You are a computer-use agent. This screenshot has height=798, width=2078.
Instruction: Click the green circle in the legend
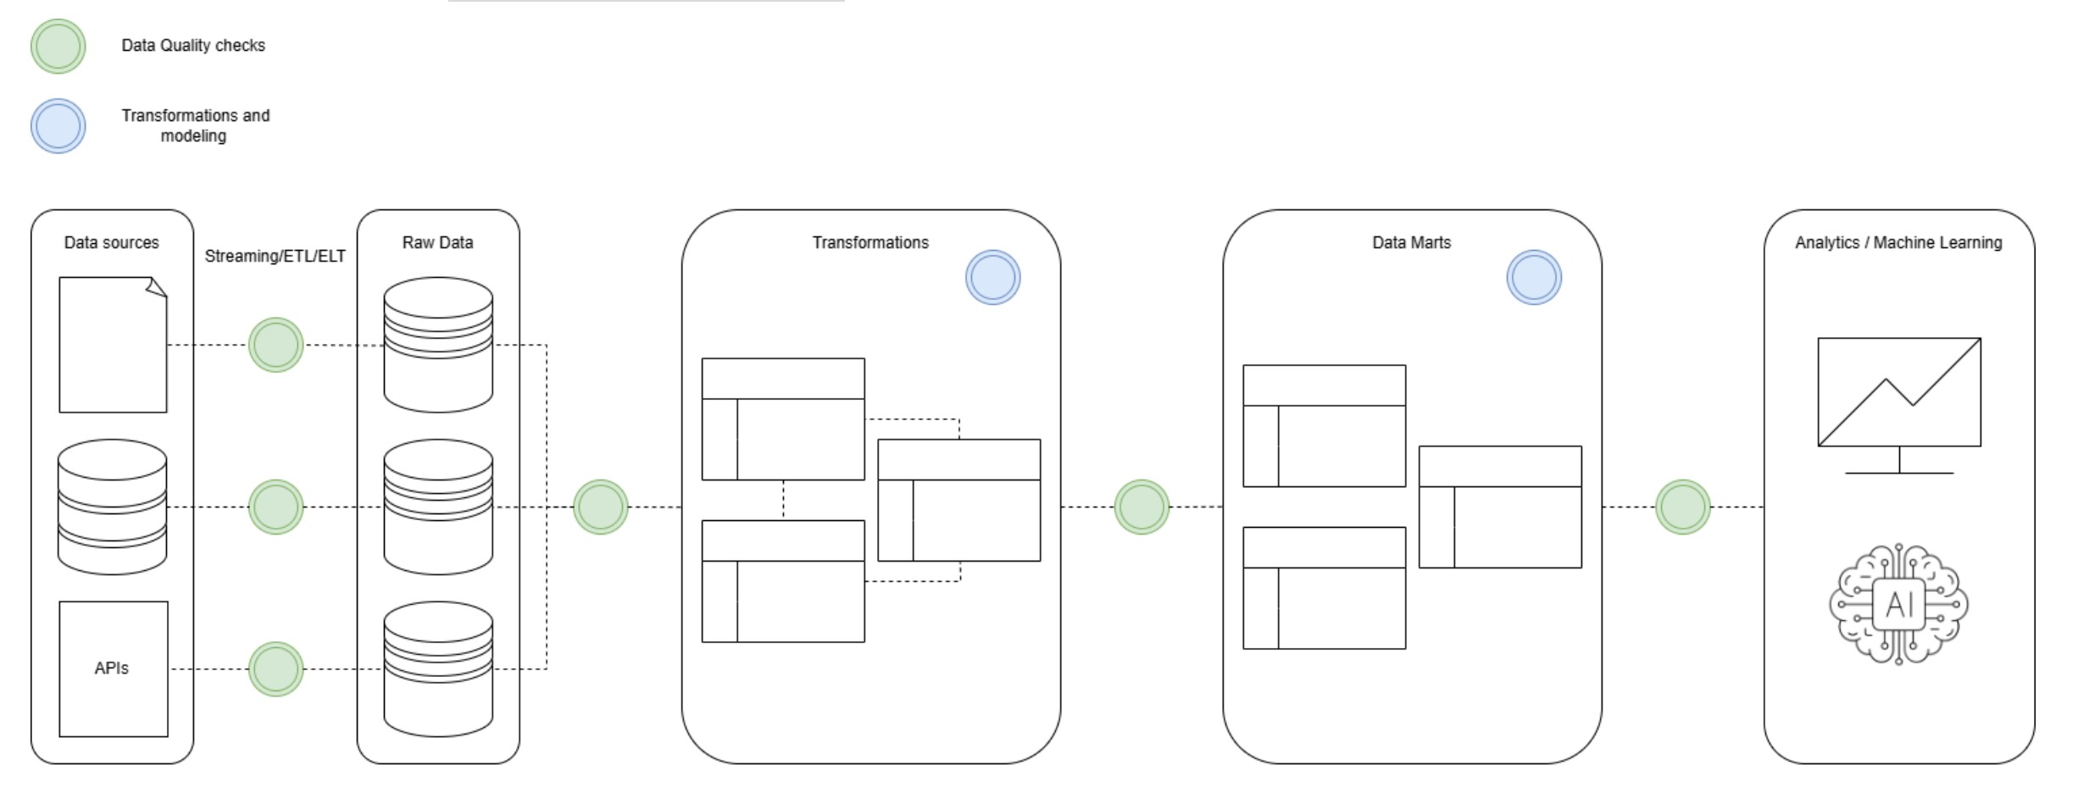(x=58, y=47)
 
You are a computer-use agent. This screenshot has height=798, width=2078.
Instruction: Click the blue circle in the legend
(x=58, y=126)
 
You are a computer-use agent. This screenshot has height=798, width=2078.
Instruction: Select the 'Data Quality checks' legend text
(x=193, y=46)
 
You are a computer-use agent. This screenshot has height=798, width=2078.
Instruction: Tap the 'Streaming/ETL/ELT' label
(x=275, y=256)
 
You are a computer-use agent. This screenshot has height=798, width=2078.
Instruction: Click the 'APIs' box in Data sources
(x=114, y=668)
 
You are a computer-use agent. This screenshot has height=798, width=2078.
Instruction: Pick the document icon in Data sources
(x=113, y=345)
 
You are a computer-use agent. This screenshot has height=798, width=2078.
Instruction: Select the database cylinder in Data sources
(x=112, y=507)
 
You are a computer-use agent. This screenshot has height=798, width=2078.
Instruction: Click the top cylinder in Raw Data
(x=438, y=345)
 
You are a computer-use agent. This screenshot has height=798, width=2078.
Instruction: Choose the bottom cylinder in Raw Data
(x=438, y=668)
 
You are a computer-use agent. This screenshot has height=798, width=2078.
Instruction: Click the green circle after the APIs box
(x=276, y=669)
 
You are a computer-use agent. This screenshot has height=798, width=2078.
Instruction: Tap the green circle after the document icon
(x=276, y=345)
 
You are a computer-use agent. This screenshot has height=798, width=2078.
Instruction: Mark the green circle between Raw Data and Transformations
(x=601, y=507)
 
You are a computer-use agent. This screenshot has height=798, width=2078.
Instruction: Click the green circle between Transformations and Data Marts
(x=1142, y=507)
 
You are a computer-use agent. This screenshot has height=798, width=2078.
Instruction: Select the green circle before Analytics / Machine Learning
(x=1683, y=507)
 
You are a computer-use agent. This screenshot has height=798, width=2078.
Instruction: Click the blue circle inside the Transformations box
(x=993, y=277)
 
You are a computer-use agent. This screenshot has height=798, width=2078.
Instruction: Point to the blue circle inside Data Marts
(x=1534, y=277)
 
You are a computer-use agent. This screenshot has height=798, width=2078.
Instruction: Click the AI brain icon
(x=1899, y=604)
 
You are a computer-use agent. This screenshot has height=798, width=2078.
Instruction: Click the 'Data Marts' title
(x=1412, y=243)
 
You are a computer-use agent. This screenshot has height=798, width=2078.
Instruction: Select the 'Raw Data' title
(x=438, y=243)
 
